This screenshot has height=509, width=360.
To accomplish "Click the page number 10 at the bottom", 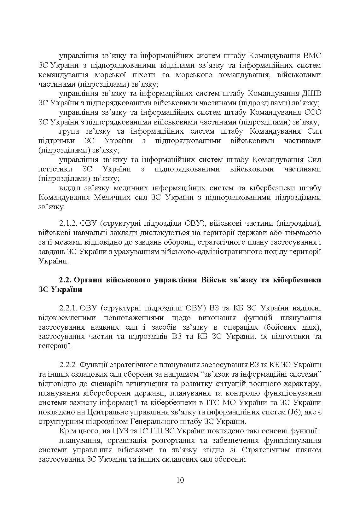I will pyautogui.click(x=180, y=480).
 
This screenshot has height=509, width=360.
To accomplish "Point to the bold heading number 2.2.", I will pyautogui.click(x=66, y=280).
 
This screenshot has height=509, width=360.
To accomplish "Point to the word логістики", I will pyautogui.click(x=53, y=169).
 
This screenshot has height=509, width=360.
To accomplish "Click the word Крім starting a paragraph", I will pyautogui.click(x=67, y=431).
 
